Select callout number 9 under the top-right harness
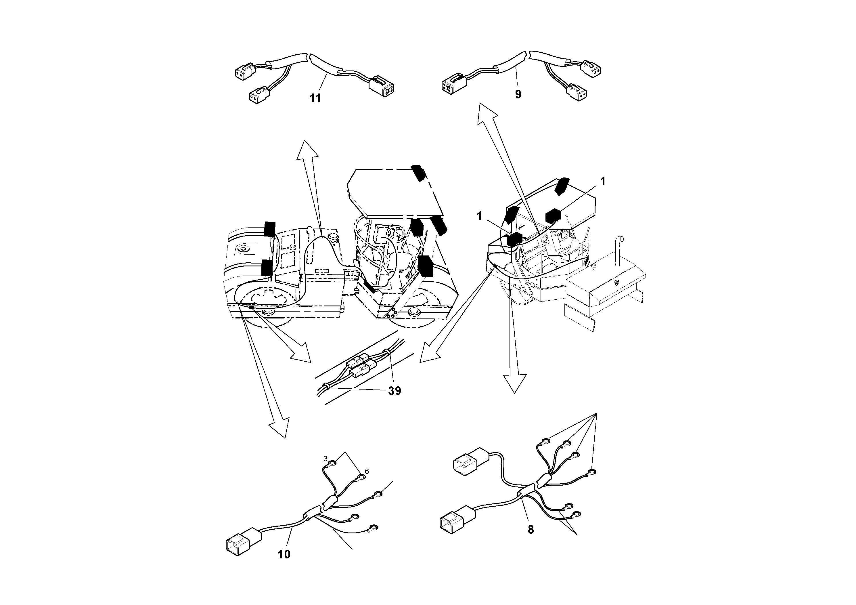pos(518,94)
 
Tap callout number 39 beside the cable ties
pos(395,391)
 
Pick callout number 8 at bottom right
pos(531,529)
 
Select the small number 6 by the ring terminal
pos(367,472)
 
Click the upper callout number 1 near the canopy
pos(602,182)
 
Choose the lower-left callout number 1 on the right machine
pos(479,216)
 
